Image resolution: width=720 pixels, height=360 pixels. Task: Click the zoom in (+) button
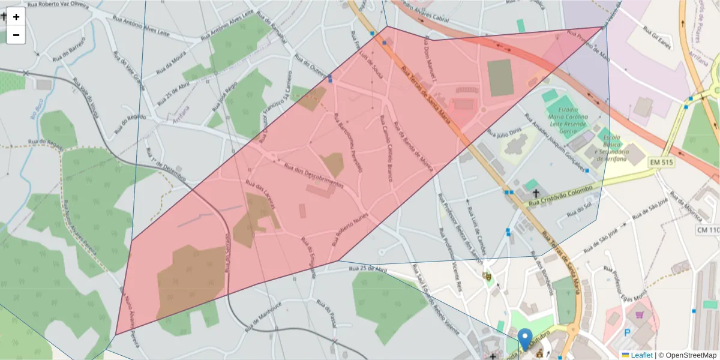pyautogui.click(x=16, y=17)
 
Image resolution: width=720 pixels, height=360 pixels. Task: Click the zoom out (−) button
pyautogui.click(x=16, y=35)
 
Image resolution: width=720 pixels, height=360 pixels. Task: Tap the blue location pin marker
pyautogui.click(x=525, y=338)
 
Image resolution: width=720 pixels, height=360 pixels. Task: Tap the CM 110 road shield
pyautogui.click(x=708, y=230)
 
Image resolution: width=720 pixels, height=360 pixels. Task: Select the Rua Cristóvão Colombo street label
pyautogui.click(x=561, y=196)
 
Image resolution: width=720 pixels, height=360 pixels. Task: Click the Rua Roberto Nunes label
pyautogui.click(x=349, y=231)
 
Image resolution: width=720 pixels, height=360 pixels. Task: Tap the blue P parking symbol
pyautogui.click(x=628, y=332)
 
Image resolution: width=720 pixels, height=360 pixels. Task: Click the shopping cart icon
pyautogui.click(x=640, y=314)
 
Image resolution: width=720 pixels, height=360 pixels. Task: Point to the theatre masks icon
pyautogui.click(x=487, y=276)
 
